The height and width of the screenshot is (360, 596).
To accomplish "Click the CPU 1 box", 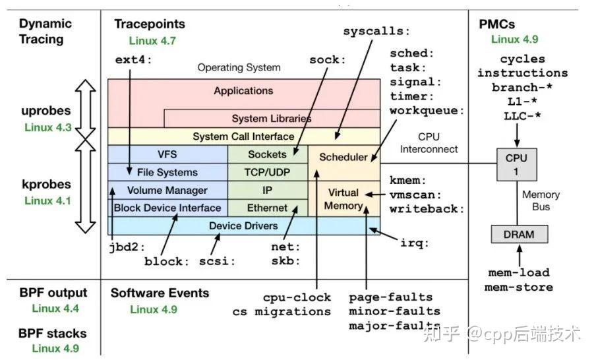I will point(516,164).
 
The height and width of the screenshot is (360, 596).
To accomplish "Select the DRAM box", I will point(518,234).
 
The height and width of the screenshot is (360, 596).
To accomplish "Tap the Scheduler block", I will point(343,157).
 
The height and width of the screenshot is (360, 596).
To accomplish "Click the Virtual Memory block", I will point(343,199).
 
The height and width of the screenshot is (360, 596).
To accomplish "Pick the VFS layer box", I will point(167,154).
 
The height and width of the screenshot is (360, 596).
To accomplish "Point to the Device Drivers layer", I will point(243,225).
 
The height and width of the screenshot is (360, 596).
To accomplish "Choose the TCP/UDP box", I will point(267,172).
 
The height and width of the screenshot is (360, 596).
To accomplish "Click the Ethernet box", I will point(267,208).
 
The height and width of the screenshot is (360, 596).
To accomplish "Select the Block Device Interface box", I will point(167,208).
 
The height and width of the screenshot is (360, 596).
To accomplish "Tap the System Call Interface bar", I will point(243,136).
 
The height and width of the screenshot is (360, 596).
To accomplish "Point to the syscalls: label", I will point(376,31).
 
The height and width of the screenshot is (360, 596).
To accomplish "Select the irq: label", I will point(415,243).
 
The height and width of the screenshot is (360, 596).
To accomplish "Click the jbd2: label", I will point(125,249).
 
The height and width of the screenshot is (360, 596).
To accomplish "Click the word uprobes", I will point(45,111).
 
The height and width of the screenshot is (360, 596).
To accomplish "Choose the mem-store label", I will point(519,287).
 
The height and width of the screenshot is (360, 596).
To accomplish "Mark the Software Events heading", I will point(160,293).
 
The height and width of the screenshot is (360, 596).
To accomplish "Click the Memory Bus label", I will point(541,200).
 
